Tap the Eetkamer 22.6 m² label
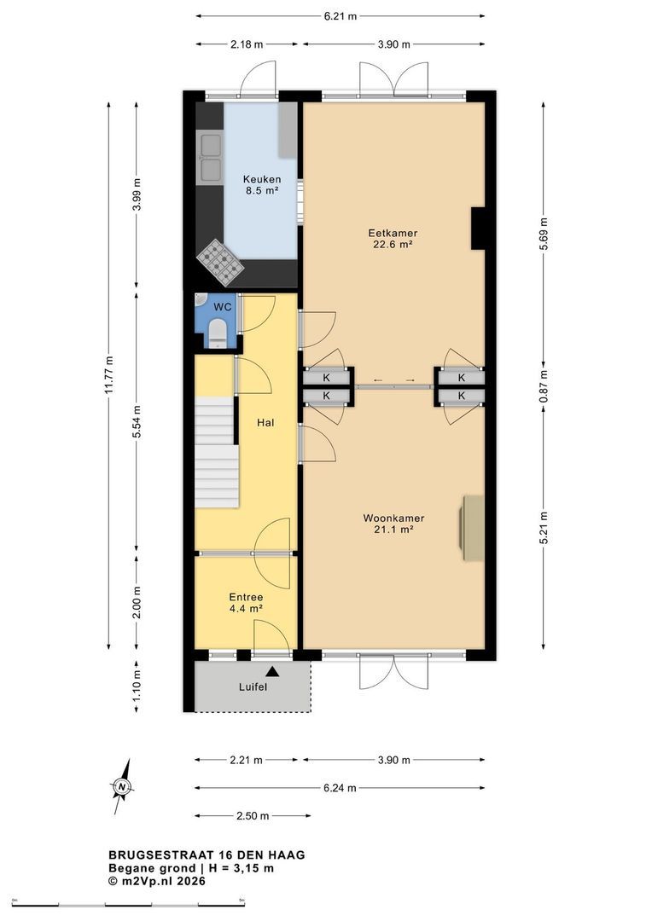[393, 239]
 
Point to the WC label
[222, 307]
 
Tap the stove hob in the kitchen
[220, 259]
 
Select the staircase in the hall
[217, 452]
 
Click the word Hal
[265, 422]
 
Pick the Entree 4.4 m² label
[246, 603]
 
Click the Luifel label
[253, 686]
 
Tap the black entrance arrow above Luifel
[271, 671]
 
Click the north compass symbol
[122, 786]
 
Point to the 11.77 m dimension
[108, 376]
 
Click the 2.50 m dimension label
[253, 816]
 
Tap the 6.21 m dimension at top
[341, 16]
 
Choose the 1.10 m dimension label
[137, 686]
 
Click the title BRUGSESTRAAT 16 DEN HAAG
[207, 855]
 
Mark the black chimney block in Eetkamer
[478, 229]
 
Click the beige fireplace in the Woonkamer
[472, 528]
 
